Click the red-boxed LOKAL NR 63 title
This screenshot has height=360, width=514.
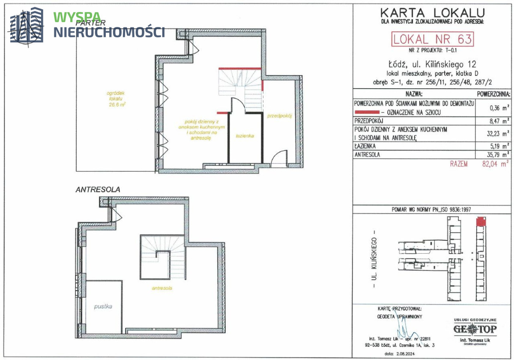pyautogui.click(x=432, y=39)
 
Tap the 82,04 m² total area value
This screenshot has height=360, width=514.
pyautogui.click(x=495, y=164)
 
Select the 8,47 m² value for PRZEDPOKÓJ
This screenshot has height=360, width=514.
pyautogui.click(x=499, y=121)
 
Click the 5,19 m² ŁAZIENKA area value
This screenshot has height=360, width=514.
pyautogui.click(x=499, y=146)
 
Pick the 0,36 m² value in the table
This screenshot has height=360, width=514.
pyautogui.click(x=499, y=108)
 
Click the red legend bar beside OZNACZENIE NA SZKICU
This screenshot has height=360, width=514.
pyautogui.click(x=367, y=112)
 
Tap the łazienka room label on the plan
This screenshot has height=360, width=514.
pyautogui.click(x=245, y=136)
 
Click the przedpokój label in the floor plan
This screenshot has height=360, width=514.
pyautogui.click(x=279, y=116)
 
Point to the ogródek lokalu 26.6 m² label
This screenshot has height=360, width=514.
pyautogui.click(x=116, y=99)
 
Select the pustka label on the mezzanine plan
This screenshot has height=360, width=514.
pyautogui.click(x=103, y=306)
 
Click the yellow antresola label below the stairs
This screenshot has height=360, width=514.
pyautogui.click(x=162, y=288)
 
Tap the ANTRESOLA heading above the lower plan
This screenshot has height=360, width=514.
pyautogui.click(x=98, y=189)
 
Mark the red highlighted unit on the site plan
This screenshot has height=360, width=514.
pyautogui.click(x=481, y=221)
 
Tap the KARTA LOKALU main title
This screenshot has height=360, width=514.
pyautogui.click(x=433, y=13)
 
